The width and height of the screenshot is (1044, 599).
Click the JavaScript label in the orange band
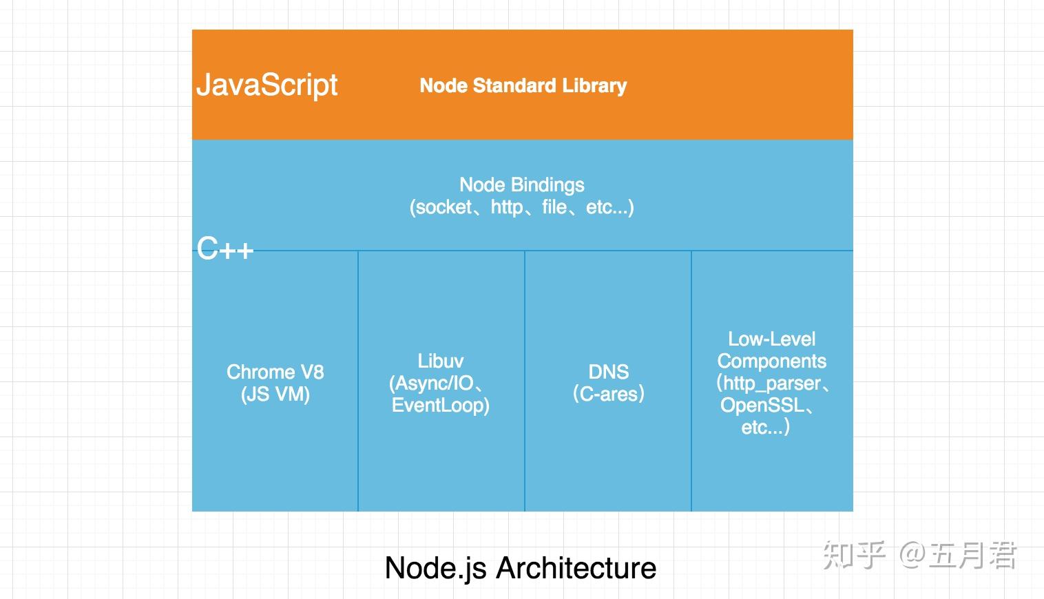coord(267,85)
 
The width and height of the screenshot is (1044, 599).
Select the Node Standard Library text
coord(523,85)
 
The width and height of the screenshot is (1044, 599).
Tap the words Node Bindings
coord(521,185)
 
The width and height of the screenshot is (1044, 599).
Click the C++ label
coord(225,249)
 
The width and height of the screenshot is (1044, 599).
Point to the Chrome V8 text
coord(275,372)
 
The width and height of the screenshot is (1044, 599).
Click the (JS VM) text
coord(275,395)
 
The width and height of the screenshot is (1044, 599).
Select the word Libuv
coord(440,361)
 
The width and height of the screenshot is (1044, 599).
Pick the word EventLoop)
coord(440,405)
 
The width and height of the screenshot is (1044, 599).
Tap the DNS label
coord(608,372)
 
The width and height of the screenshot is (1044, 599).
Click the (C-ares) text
coord(608,394)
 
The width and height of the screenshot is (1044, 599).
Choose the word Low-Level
coord(771,339)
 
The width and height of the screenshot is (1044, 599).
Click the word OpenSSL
coord(762,405)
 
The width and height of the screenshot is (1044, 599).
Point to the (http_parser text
coord(768,383)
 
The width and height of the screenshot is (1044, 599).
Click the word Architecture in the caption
coord(576,568)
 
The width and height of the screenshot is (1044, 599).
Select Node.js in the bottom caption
coord(435,568)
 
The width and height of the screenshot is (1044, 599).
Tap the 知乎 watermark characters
coord(854,555)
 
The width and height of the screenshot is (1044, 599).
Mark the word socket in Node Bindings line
coord(443,207)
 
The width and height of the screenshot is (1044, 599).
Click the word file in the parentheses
coord(554,207)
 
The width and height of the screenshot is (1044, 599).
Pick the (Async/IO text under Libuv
coord(432,383)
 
